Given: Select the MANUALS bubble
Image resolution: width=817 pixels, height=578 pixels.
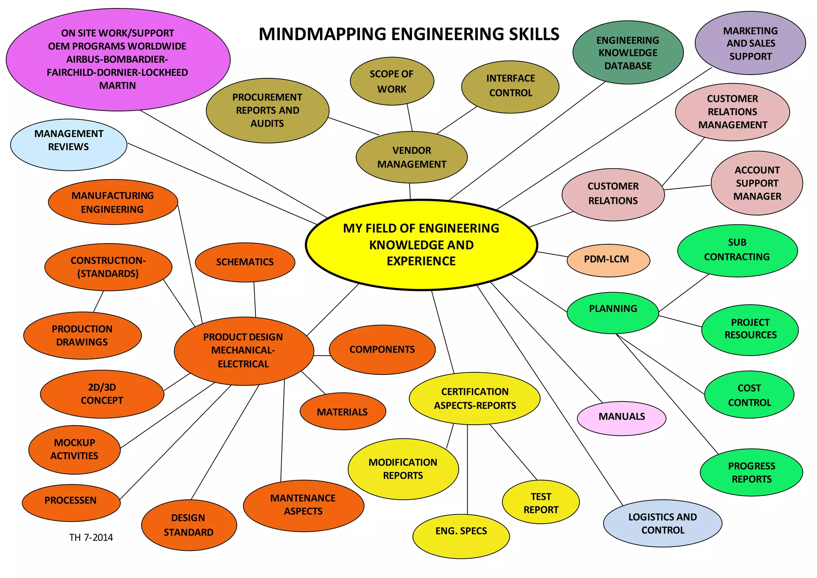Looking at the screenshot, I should (622, 418).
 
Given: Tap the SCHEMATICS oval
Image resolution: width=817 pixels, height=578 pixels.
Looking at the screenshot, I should (245, 262).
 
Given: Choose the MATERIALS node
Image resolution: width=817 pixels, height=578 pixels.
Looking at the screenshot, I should (343, 412).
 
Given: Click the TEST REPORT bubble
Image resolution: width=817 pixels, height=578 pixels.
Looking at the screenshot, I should (541, 502).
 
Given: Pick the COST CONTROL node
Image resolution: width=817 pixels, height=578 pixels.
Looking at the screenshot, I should (749, 395).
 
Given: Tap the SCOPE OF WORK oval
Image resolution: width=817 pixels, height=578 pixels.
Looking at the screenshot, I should (392, 81).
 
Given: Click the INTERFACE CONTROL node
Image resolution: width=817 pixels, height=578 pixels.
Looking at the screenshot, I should (510, 87).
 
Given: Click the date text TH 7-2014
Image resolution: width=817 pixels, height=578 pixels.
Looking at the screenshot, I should (91, 538).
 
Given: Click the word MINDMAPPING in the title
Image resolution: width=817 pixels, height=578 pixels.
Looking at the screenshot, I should (322, 34).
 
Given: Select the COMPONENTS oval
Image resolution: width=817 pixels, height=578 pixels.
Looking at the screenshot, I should (382, 350).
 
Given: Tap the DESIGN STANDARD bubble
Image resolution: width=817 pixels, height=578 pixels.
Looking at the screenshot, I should (189, 525).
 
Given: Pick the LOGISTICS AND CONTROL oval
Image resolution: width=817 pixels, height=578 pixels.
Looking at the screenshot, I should (663, 523).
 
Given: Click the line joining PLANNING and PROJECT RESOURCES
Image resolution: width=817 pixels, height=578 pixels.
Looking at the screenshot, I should (680, 321).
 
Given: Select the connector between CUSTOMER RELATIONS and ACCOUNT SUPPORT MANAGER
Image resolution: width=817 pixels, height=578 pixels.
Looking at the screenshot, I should (687, 187).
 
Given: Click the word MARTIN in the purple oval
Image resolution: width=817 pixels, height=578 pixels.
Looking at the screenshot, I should (118, 86).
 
